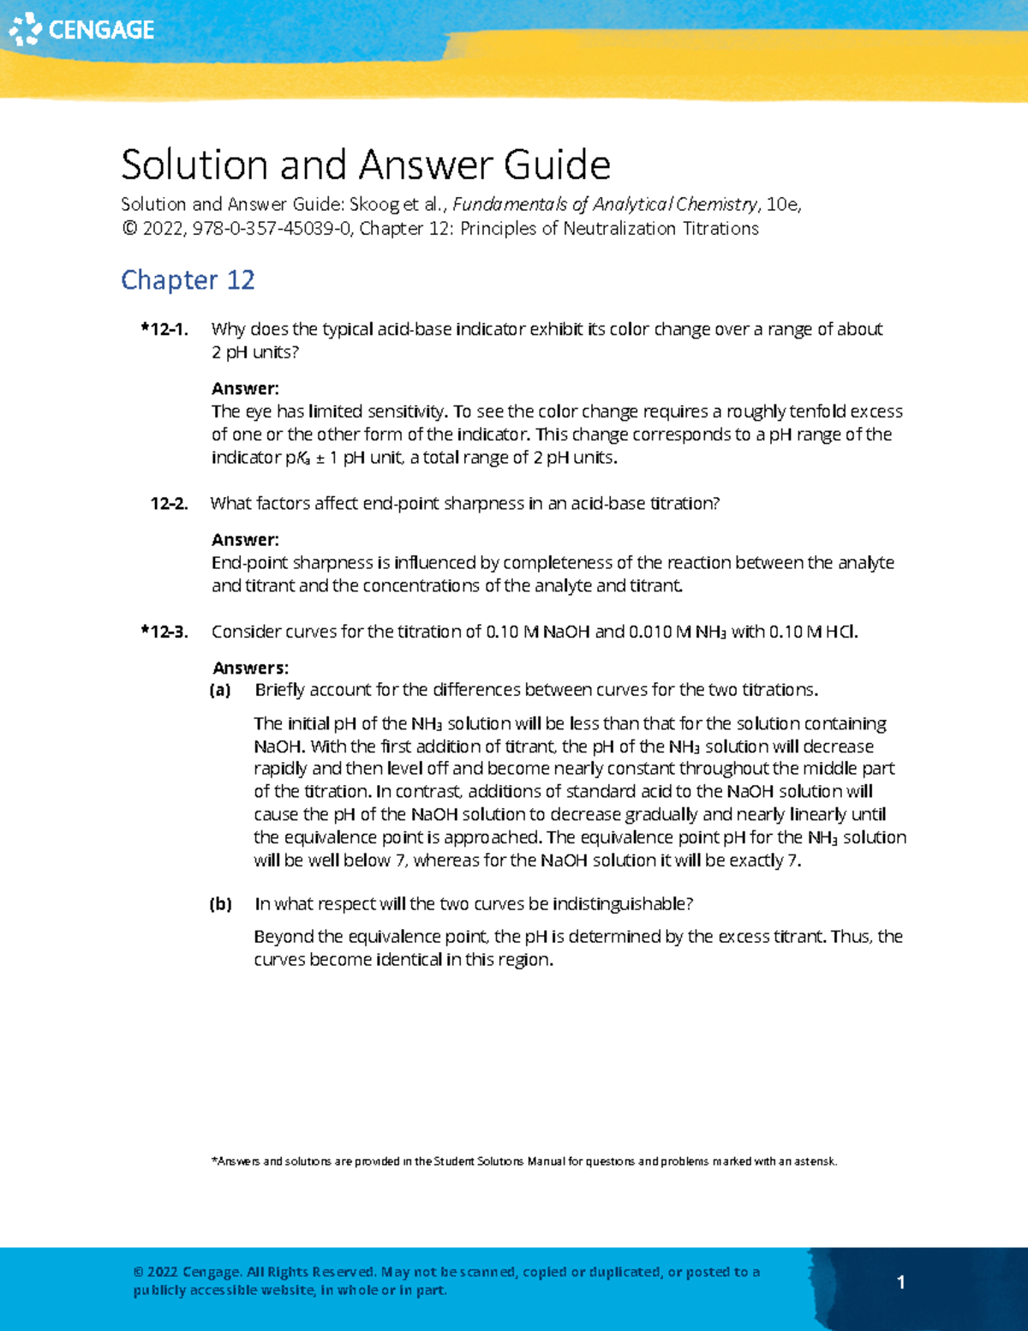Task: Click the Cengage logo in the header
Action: click(x=81, y=30)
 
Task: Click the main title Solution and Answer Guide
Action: click(x=365, y=165)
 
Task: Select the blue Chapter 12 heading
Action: click(x=188, y=280)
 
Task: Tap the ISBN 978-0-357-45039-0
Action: click(x=272, y=229)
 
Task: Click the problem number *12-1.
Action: click(x=164, y=329)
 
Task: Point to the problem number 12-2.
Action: click(x=169, y=504)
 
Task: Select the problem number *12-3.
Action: click(x=164, y=633)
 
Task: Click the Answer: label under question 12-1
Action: click(x=245, y=388)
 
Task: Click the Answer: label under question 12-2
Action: click(x=245, y=540)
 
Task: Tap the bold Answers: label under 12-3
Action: click(x=250, y=668)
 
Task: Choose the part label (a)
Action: click(x=221, y=690)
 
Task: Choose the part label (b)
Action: click(x=221, y=904)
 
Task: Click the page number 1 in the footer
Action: click(x=900, y=1282)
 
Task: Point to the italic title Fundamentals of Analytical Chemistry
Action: click(x=605, y=205)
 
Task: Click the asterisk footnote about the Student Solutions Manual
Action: click(x=523, y=1161)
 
